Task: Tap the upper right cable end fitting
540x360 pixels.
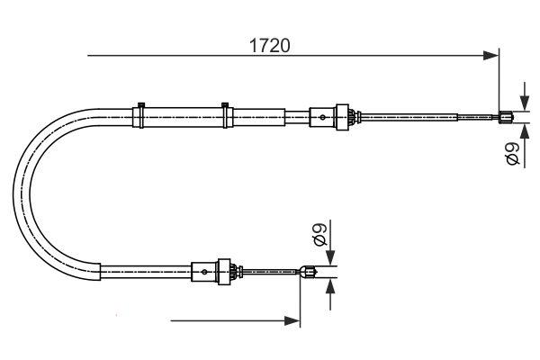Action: [506, 115]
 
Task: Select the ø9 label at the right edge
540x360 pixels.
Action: [512, 153]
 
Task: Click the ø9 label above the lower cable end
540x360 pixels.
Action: [319, 238]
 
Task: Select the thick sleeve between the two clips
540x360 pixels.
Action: [183, 116]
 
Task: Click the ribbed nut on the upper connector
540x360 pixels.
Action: [342, 116]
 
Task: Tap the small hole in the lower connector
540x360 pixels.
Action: [205, 270]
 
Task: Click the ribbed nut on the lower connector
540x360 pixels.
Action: [229, 270]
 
